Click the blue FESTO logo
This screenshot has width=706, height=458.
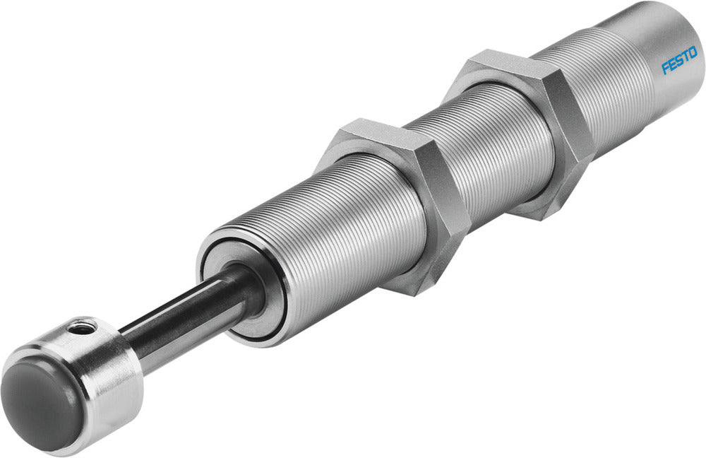pos(679,60)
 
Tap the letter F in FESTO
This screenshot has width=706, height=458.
pos(664,69)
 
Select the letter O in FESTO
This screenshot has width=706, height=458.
pos(693,52)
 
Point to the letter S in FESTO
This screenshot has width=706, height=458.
pos(679,60)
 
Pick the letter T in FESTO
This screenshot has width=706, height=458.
pos(686,57)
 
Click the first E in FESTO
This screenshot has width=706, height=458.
pos(671,64)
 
